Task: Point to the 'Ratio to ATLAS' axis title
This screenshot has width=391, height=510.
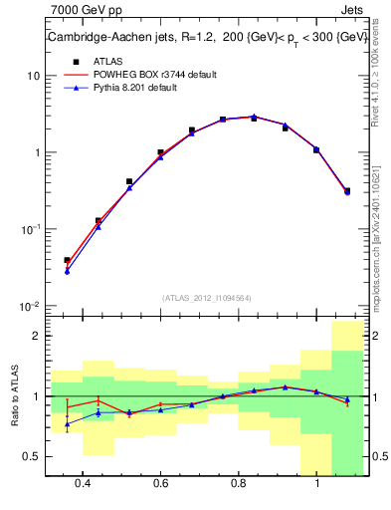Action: click(15, 394)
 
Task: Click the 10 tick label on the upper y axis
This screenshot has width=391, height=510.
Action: click(33, 76)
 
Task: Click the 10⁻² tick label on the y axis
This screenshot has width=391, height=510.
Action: click(30, 306)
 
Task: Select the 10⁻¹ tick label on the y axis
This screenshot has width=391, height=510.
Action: click(30, 229)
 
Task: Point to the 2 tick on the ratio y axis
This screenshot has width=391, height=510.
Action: click(36, 337)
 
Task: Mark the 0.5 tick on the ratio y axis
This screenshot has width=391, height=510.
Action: click(32, 457)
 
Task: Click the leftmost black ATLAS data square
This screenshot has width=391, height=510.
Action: click(67, 260)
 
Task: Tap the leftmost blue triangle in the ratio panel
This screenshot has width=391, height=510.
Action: click(67, 423)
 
